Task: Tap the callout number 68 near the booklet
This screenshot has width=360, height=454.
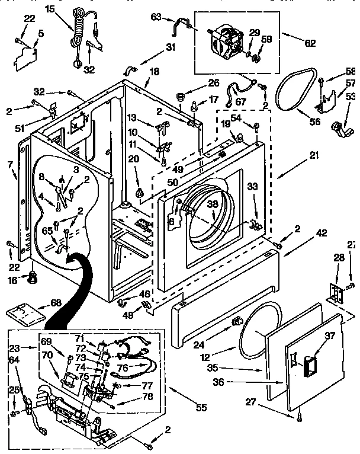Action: pyautogui.click(x=56, y=303)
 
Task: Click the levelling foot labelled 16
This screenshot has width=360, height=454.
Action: pyautogui.click(x=32, y=276)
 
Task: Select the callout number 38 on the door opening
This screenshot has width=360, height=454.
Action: pyautogui.click(x=212, y=204)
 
